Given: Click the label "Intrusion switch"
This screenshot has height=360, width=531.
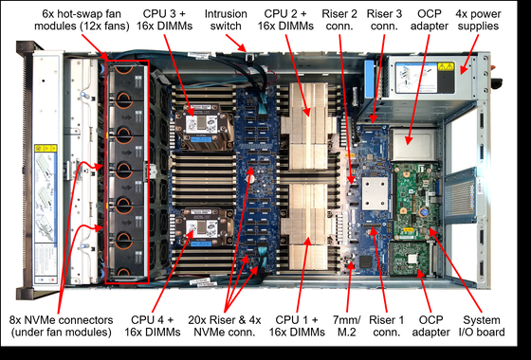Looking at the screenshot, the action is (226, 20).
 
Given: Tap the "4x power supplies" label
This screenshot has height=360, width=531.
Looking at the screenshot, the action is (478, 20).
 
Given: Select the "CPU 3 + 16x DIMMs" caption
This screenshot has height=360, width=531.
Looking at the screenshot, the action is (164, 20).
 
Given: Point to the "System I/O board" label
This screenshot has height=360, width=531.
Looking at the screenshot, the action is (482, 326).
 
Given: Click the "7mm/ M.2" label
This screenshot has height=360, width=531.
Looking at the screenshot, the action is (347, 326).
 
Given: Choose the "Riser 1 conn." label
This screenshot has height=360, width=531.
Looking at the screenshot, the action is (387, 326).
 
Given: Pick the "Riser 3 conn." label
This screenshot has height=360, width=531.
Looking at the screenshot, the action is (384, 20).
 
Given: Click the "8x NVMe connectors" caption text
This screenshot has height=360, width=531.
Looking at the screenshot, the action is (61, 320).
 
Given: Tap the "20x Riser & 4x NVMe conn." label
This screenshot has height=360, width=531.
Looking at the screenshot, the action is (224, 326).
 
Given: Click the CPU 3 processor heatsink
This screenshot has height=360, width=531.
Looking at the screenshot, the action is (203, 127).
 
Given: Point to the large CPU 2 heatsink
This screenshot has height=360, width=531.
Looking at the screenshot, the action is (307, 126).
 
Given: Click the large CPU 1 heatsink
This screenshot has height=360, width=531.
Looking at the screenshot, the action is (307, 226).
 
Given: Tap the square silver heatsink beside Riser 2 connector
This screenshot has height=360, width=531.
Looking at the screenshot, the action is (375, 193).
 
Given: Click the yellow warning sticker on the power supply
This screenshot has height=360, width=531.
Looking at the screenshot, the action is (446, 66).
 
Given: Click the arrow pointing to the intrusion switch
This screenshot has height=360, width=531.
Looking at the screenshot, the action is (235, 43).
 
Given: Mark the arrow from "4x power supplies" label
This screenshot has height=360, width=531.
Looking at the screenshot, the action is (468, 54).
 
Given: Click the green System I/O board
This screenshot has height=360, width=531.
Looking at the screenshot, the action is (416, 200).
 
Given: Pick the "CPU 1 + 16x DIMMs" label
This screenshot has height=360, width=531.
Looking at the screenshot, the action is (297, 326).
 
